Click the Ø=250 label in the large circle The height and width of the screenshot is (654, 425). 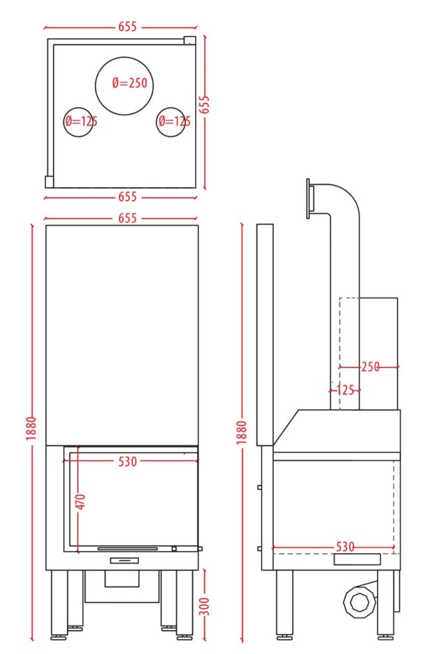point(129,83)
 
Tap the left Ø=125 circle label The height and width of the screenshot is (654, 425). point(81,122)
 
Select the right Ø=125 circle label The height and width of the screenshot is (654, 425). point(175,122)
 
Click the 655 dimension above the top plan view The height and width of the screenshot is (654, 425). point(127,27)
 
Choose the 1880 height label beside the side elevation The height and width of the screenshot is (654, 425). point(242,432)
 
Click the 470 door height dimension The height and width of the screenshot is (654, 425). point(81,501)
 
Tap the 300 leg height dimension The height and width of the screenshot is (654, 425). point(205,606)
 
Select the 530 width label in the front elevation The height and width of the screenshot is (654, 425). point(127,461)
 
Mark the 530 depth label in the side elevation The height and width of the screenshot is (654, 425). point(345,547)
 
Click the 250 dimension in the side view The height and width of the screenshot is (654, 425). point(371,367)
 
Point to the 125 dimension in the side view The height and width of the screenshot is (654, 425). point(345,390)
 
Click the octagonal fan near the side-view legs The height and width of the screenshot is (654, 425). point(359,602)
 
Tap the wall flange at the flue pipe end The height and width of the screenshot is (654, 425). point(309,199)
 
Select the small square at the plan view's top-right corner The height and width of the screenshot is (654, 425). point(190,40)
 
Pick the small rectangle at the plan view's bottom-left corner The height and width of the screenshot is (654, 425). point(49,182)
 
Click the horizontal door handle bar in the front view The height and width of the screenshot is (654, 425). point(127,548)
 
